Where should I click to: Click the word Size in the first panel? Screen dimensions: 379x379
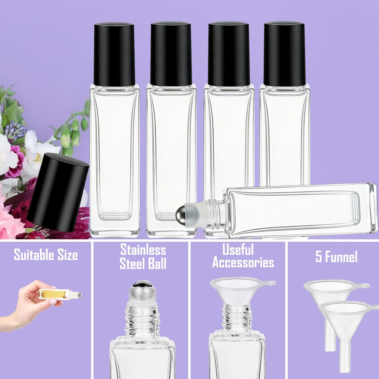pos(67,255)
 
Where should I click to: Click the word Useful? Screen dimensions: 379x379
pos(238,250)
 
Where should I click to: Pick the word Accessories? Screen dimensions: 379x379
pos(243,263)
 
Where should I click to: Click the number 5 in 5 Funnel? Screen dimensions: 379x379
pos(319,257)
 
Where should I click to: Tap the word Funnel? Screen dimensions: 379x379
pos(341,257)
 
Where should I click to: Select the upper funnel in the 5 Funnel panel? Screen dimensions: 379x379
pos(328,288)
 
